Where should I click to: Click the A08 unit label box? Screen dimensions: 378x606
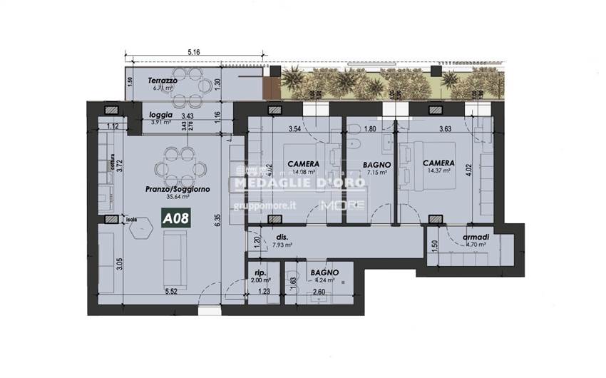175,219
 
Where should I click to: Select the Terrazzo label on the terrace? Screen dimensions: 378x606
163,81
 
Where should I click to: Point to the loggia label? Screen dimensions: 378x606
160,115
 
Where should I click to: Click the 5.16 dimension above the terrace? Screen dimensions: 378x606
193,52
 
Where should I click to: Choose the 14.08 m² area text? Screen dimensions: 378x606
302,172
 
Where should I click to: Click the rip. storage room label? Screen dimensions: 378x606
261,272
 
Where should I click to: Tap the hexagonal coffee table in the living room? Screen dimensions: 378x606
141,227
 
